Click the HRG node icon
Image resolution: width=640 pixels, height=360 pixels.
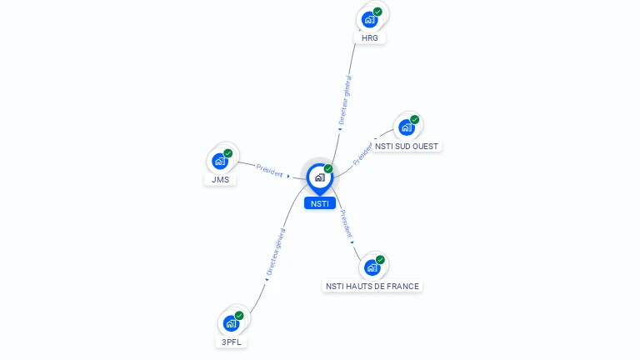coord(369,20)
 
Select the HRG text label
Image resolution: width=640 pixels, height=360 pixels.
coord(370,38)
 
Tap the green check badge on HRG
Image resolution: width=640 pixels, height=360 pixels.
coord(377,12)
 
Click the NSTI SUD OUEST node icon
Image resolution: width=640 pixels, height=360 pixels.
coord(406,127)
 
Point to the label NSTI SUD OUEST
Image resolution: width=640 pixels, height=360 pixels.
coord(407,146)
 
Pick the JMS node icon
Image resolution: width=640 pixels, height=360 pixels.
coord(220,161)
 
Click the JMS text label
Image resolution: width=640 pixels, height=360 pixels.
coord(220,179)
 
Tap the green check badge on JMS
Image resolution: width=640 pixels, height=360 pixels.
coord(227,153)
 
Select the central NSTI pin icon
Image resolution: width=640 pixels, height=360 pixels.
coord(319,177)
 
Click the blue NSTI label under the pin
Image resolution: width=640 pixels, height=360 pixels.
coord(319,203)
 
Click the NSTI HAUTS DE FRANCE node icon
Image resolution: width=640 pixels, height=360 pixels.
coord(372,267)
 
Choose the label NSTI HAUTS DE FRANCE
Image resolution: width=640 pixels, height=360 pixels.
coord(372,286)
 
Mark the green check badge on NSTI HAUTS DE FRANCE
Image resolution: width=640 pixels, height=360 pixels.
coord(380,260)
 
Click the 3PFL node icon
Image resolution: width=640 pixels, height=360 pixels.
coord(232,323)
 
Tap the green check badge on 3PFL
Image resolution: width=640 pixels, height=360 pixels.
coord(239,316)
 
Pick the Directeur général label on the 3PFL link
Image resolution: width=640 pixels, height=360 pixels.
coord(275,252)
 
